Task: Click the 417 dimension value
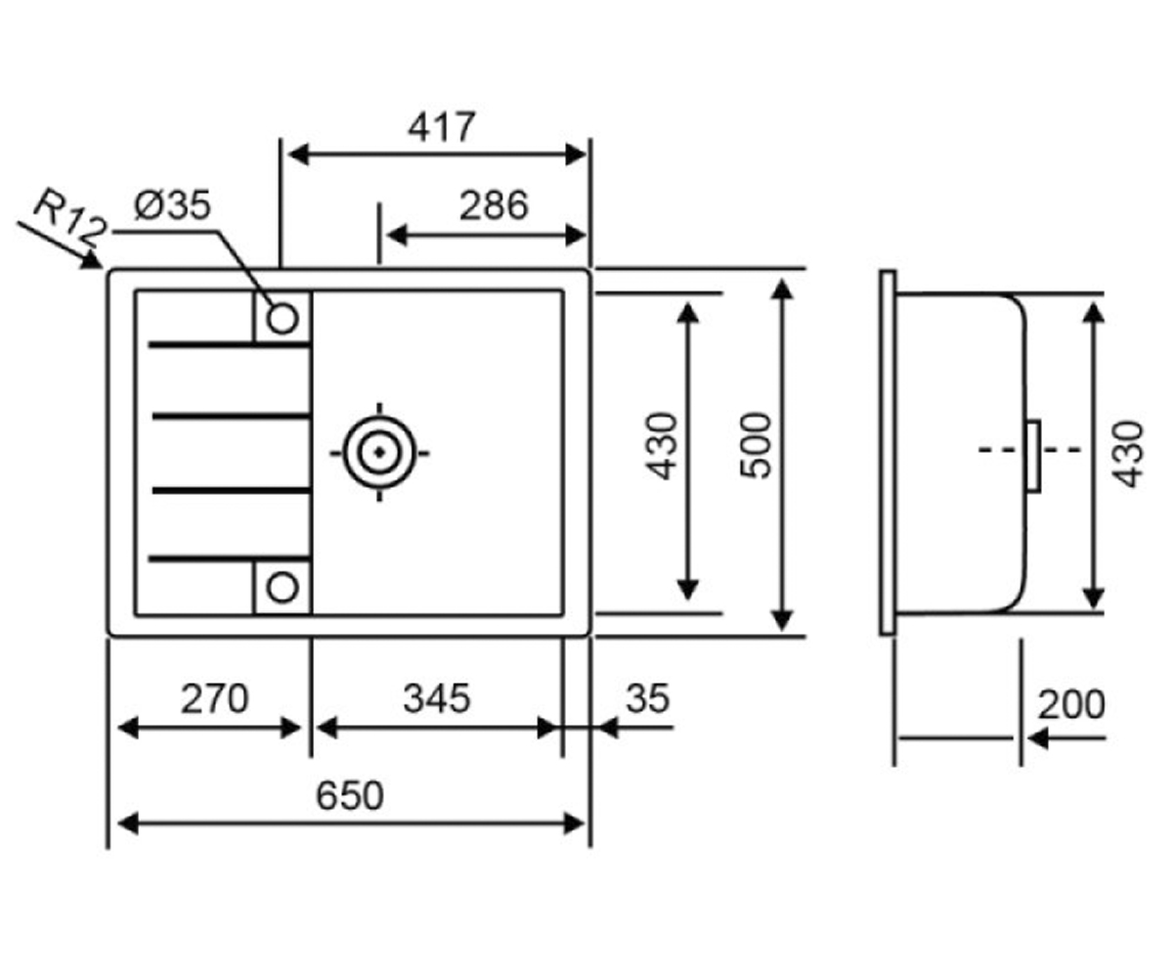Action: point(442,127)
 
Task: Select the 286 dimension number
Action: point(494,205)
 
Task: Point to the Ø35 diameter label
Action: point(172,204)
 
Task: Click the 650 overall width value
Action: point(349,796)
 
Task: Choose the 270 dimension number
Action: point(214,698)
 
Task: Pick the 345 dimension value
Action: point(437,698)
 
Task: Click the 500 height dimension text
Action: point(756,446)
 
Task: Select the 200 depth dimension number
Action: point(1071,705)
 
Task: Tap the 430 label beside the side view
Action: point(1127,454)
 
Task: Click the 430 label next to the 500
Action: point(663,446)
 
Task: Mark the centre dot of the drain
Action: point(379,452)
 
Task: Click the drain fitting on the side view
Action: point(1033,456)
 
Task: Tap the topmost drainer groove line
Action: point(230,344)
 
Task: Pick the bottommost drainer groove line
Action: point(230,558)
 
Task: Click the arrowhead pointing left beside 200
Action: point(1037,738)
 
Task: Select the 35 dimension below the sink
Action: point(648,698)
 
